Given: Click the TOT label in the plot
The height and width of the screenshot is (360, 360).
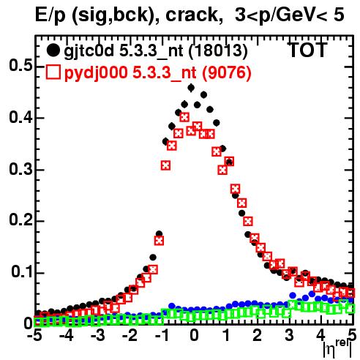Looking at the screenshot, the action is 308,50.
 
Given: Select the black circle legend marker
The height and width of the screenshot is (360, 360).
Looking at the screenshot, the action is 53,50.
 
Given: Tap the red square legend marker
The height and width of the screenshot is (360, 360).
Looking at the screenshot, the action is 53,72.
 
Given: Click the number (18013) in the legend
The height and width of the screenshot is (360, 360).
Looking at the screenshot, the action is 218,50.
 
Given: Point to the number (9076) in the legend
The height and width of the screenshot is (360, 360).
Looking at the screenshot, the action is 227,72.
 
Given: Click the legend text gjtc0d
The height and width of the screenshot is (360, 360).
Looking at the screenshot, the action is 89,51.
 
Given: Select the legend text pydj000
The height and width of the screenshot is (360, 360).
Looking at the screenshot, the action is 96,73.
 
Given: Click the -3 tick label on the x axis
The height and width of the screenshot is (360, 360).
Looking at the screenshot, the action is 97,335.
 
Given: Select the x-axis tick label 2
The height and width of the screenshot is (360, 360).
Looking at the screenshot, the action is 257,335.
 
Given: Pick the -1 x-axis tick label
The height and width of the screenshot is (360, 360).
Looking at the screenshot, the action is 161,335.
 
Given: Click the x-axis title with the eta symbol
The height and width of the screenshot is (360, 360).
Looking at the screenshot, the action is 337,349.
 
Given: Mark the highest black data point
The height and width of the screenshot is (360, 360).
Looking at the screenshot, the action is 191,87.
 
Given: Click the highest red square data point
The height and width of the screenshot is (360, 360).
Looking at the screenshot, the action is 184,117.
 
